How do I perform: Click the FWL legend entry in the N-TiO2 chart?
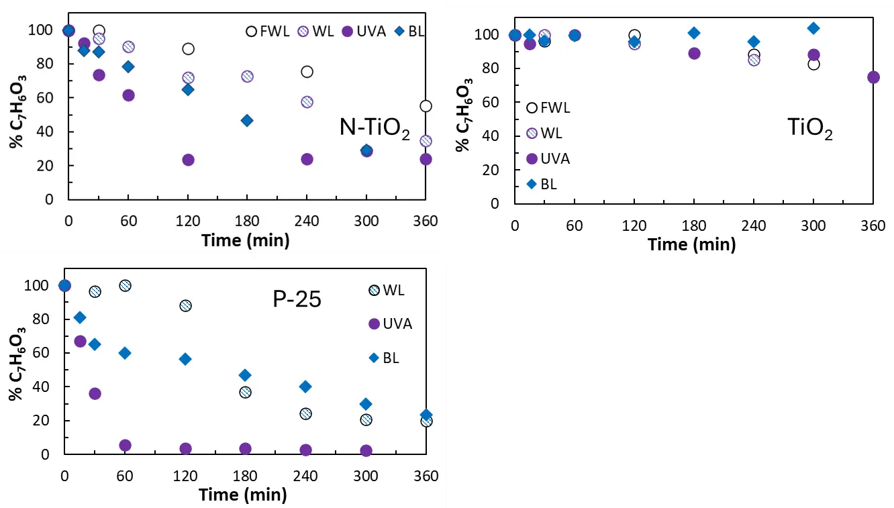point(267,31)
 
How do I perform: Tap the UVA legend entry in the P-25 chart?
point(389,324)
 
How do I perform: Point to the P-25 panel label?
point(297,299)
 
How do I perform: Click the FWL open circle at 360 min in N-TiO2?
point(426,106)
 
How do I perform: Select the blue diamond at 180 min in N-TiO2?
point(247,121)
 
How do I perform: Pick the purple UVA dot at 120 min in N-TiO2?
point(188,160)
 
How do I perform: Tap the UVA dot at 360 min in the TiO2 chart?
point(873,77)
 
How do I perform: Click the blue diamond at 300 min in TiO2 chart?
point(813,28)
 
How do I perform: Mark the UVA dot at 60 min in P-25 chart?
point(125,446)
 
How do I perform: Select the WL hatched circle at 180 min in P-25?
point(245,392)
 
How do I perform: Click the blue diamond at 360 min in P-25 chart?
point(426,415)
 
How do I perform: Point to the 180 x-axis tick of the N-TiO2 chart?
point(247,220)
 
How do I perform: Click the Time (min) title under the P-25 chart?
point(242,496)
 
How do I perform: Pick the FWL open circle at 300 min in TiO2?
point(813,64)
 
